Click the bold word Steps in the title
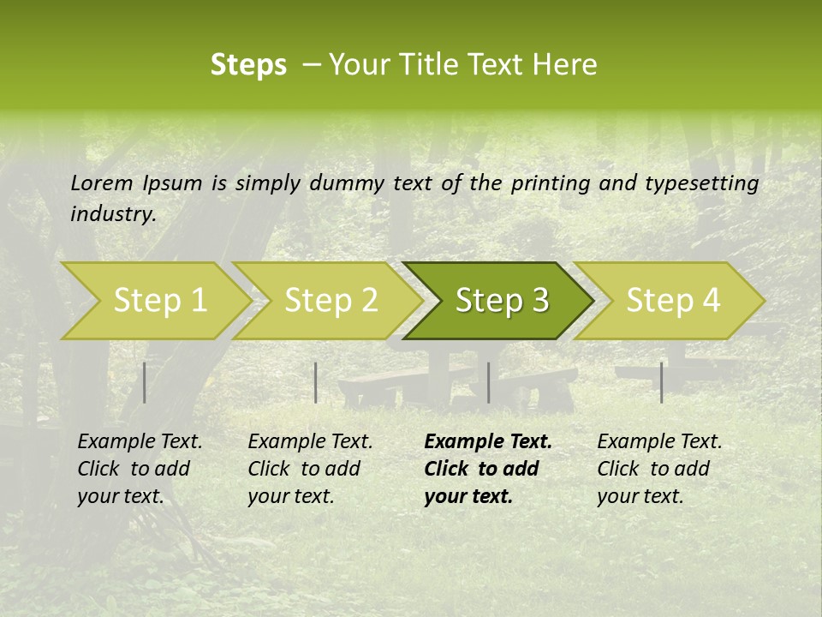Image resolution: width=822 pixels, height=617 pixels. pyautogui.click(x=248, y=65)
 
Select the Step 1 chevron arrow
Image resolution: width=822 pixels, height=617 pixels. pyautogui.click(x=159, y=301)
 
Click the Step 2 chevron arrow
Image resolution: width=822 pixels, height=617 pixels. pyautogui.click(x=331, y=301)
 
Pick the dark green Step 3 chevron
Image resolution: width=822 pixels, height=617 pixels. pyautogui.click(x=501, y=301)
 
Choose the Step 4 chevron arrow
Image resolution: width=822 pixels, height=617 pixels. pyautogui.click(x=672, y=301)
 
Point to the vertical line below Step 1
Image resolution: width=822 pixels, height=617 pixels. pyautogui.click(x=145, y=382)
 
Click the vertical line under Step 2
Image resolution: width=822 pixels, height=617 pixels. pyautogui.click(x=316, y=382)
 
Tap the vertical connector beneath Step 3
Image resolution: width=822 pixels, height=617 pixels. pyautogui.click(x=488, y=382)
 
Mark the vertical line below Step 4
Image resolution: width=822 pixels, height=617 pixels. pyautogui.click(x=661, y=382)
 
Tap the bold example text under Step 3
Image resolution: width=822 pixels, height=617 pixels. pyautogui.click(x=487, y=469)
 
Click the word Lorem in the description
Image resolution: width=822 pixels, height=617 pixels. pyautogui.click(x=102, y=183)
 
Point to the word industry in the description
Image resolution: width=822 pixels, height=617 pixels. pyautogui.click(x=113, y=214)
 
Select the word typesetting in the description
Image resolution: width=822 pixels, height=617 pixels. pyautogui.click(x=701, y=183)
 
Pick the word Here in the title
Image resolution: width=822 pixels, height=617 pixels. pyautogui.click(x=569, y=65)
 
